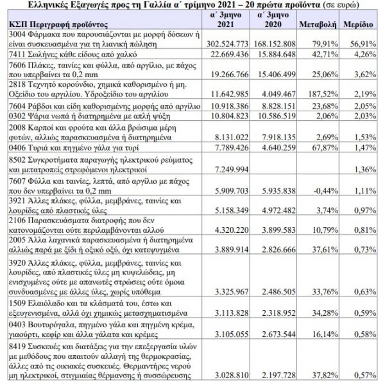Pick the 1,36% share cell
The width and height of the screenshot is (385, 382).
point(364,169)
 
